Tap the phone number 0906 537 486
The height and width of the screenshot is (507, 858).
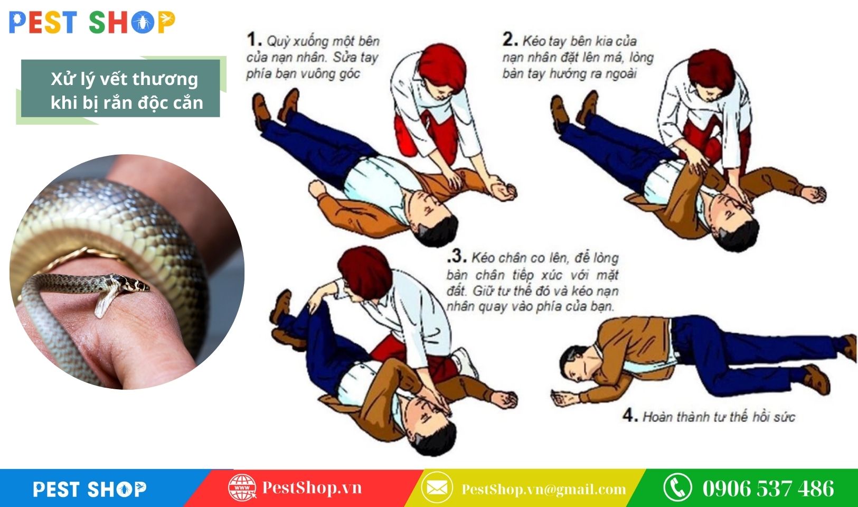point(768,488)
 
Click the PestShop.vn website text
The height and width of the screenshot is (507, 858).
point(312,487)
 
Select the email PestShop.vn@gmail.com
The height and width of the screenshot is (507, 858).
point(543,489)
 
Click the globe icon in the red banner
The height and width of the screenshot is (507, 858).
point(242,487)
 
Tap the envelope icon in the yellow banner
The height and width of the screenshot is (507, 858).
point(437,487)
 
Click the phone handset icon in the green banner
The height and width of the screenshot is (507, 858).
point(677,487)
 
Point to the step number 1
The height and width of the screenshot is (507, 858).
point(253,40)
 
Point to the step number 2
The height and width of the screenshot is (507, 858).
point(510,39)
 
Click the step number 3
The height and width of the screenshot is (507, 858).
point(457,257)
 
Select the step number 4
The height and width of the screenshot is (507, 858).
point(629,415)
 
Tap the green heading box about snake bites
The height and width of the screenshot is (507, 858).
point(120,89)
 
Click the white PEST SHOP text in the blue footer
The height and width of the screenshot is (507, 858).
point(90,489)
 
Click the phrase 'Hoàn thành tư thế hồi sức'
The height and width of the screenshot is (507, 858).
point(718,417)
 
